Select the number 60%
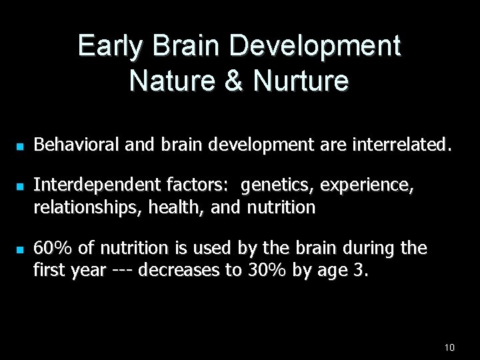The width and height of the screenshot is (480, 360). pos(52,249)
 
